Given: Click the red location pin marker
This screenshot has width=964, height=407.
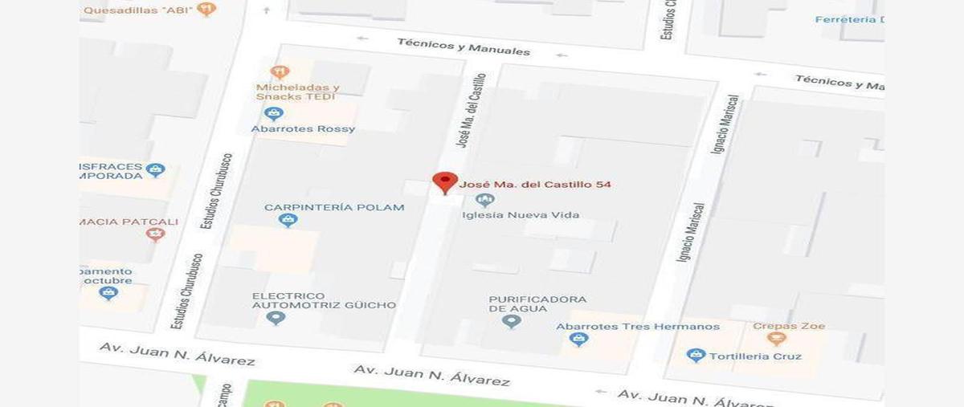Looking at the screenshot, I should (x=445, y=181).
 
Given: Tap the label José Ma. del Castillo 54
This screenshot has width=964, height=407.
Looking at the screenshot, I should (x=535, y=185).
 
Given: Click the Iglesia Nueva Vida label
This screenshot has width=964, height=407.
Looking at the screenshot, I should (x=521, y=215).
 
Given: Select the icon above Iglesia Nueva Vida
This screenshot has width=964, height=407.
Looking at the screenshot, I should (x=484, y=200).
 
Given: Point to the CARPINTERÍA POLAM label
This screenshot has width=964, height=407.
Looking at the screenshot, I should (x=334, y=207).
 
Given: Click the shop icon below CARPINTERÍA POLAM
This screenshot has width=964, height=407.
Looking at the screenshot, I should (x=288, y=220).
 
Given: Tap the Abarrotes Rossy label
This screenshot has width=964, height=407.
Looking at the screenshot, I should (x=303, y=128).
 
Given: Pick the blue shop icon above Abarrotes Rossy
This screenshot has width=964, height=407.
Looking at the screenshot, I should (x=274, y=113).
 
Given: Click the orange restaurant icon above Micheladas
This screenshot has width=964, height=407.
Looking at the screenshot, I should (x=279, y=72).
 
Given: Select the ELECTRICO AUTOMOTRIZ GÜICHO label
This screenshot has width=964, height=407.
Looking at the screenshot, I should (x=324, y=300).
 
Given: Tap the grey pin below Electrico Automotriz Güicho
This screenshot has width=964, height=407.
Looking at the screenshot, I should (x=276, y=319).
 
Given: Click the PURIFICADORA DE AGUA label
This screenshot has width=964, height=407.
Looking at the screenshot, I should (x=537, y=303).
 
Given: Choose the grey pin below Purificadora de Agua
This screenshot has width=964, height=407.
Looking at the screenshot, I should (x=511, y=322).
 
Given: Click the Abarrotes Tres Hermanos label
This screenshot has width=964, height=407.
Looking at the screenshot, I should (x=638, y=327).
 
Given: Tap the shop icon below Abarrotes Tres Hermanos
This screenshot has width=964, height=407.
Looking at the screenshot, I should (x=578, y=340).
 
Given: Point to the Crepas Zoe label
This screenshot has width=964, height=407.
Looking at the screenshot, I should (x=788, y=326).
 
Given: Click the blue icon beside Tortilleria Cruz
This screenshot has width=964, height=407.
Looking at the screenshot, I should (x=696, y=355).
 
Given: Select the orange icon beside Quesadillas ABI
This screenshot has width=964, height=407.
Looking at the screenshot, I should (x=206, y=9).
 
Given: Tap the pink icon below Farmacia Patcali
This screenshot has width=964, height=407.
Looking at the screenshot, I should (x=155, y=234).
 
